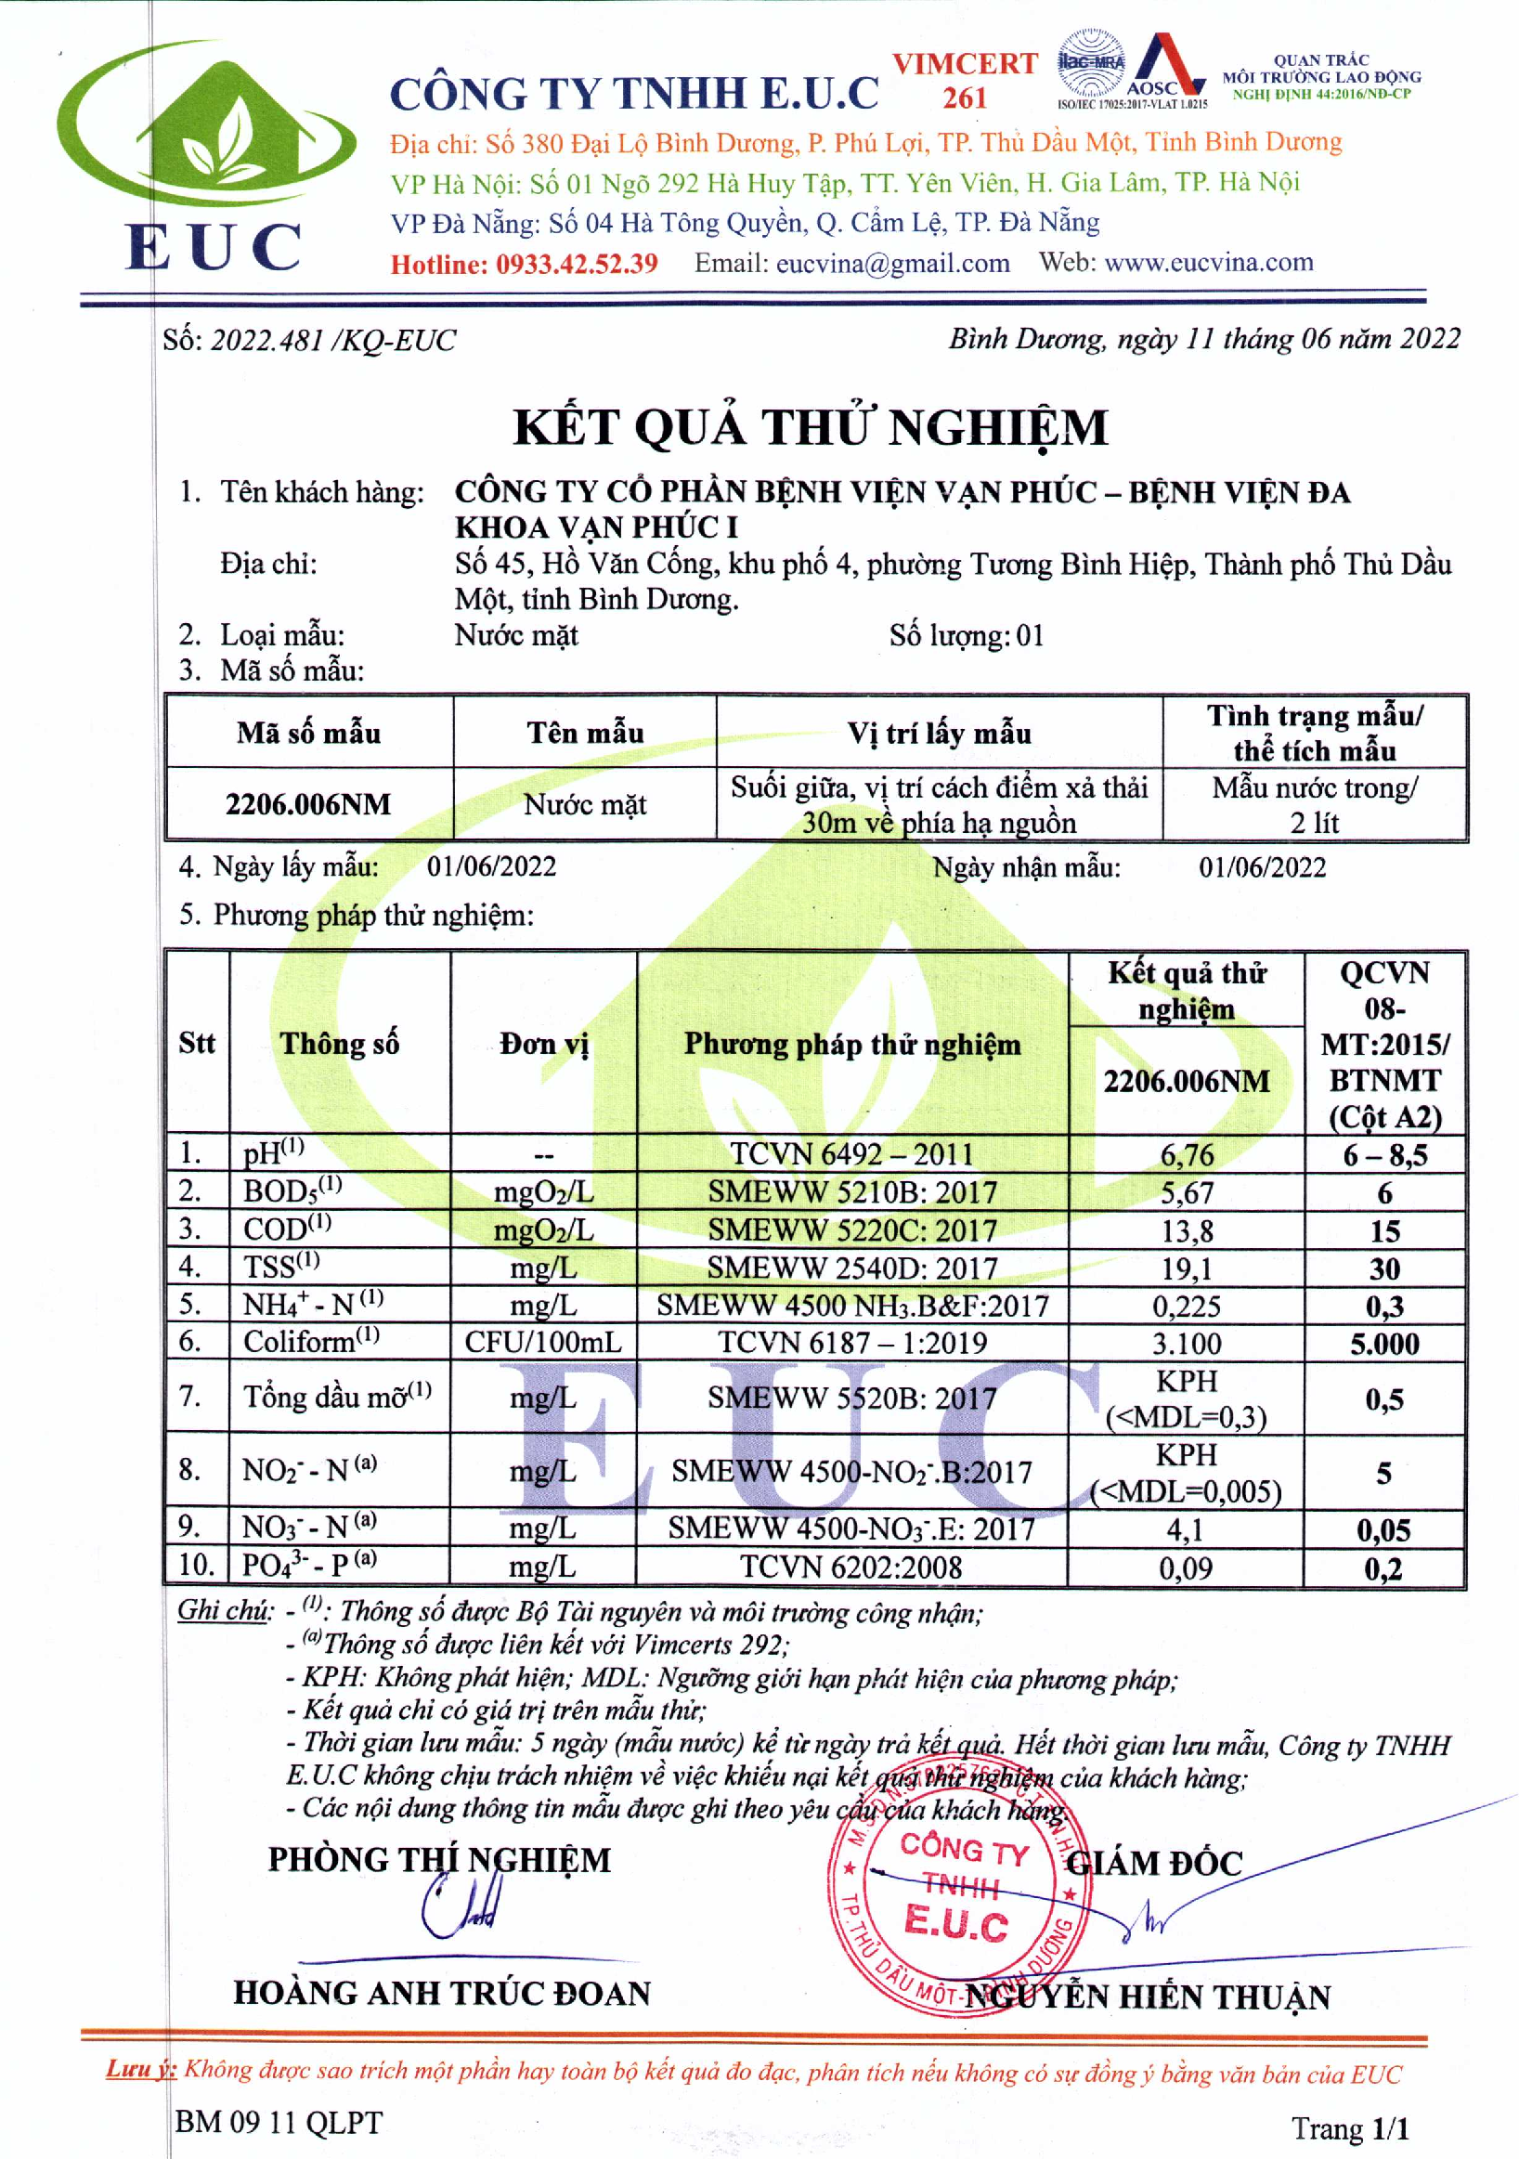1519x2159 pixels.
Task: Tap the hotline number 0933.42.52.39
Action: coord(577,265)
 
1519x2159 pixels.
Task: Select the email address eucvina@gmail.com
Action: coord(892,264)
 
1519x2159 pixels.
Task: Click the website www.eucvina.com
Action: coord(1208,263)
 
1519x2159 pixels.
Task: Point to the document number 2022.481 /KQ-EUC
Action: coord(332,341)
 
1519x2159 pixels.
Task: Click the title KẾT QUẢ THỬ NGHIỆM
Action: coord(811,428)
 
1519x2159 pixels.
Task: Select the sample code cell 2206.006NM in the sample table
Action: coord(308,804)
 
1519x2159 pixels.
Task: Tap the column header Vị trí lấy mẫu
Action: coord(939,733)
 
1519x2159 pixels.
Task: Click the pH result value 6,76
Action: coord(1187,1155)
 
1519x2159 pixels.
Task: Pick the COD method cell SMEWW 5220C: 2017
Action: coord(851,1230)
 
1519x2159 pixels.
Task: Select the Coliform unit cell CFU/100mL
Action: coord(543,1342)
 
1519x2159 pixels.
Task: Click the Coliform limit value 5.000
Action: coord(1384,1344)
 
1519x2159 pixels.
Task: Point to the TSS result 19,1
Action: coord(1187,1268)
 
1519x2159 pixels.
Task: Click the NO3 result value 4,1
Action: coord(1185,1530)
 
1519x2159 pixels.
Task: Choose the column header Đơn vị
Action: coord(543,1043)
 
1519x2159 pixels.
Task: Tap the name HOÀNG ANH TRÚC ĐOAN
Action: coord(442,1993)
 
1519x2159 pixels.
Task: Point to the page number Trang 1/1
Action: coord(1350,2127)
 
